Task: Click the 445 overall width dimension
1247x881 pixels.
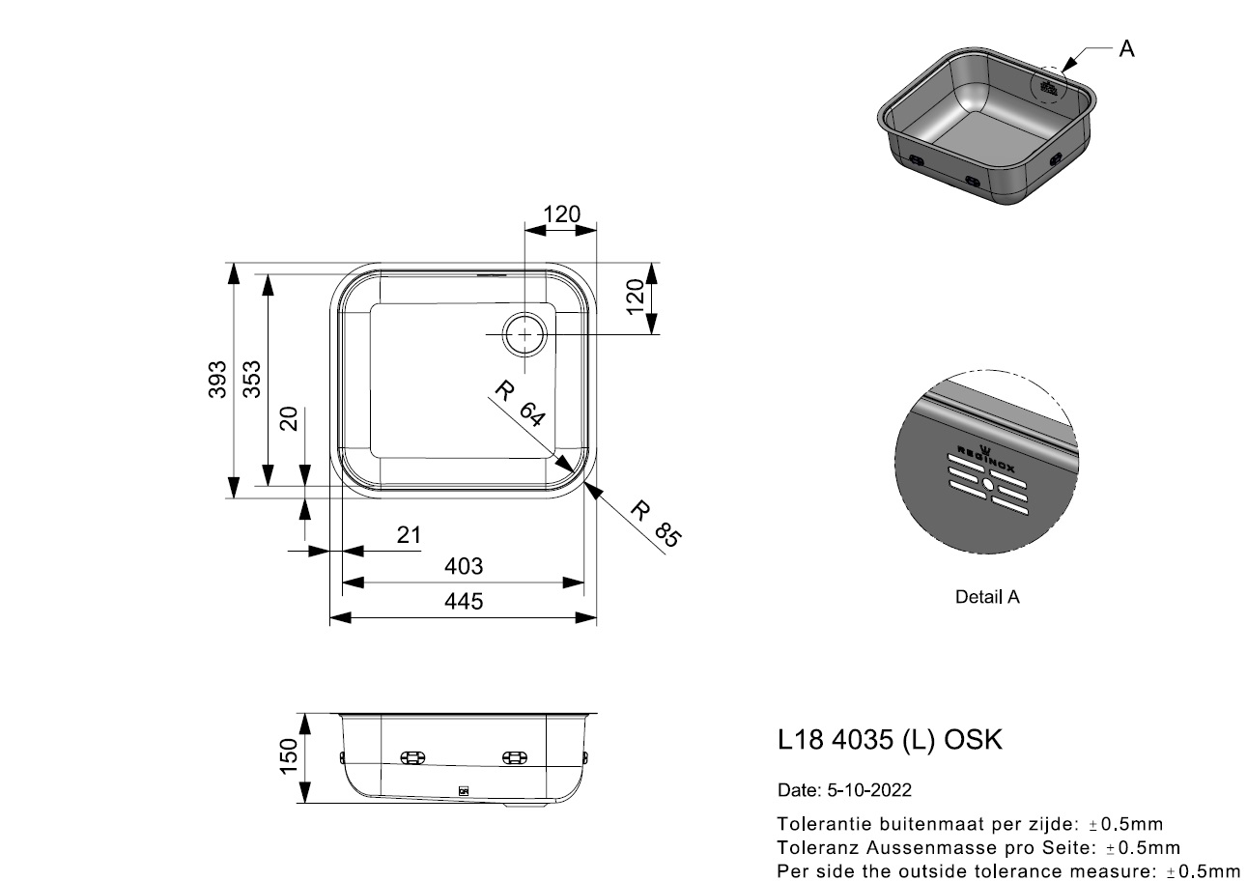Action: [x=464, y=602]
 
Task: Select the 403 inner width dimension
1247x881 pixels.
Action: [x=464, y=566]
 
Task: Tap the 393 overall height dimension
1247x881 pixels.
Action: [x=217, y=380]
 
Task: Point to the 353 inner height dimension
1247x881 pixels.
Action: [x=252, y=380]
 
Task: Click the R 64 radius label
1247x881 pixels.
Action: [x=521, y=403]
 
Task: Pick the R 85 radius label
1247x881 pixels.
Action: [x=656, y=524]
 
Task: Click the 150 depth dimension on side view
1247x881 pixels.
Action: [x=289, y=755]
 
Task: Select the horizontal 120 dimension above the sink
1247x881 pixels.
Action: [x=562, y=213]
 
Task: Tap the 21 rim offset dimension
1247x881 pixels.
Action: [x=409, y=535]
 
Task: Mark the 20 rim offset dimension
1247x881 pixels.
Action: [x=289, y=419]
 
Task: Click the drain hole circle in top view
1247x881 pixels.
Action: [x=524, y=334]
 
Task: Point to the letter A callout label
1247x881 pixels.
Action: [x=1127, y=49]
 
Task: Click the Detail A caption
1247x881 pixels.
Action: [x=987, y=597]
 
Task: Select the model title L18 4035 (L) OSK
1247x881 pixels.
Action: [x=890, y=740]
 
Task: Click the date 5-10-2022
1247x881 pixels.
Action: [x=869, y=790]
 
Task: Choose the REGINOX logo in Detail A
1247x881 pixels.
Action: [x=985, y=459]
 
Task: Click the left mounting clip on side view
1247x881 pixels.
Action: [x=412, y=757]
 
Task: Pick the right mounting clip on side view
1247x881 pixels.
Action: [x=515, y=757]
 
